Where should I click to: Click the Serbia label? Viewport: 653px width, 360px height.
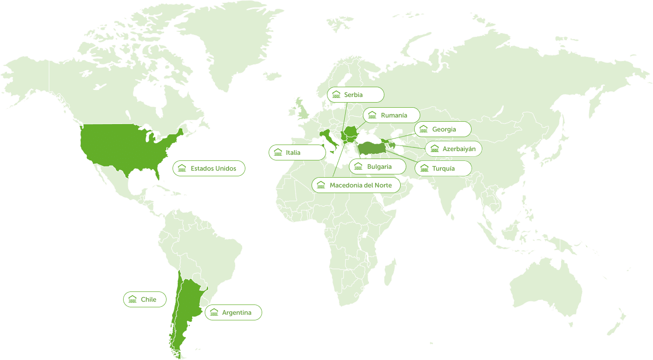[x=355, y=95]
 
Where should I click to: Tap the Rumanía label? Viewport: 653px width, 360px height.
[x=391, y=115]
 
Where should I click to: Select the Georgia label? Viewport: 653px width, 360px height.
[x=442, y=129]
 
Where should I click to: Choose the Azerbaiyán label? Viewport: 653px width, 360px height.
[x=453, y=149]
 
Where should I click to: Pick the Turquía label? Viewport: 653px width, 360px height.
[x=443, y=168]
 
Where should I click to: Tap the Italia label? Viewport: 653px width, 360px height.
[x=297, y=152]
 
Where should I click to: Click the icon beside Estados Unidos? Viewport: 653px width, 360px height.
[x=182, y=168]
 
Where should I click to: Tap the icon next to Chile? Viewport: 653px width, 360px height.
[x=132, y=299]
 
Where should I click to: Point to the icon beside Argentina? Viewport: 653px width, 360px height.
[x=214, y=312]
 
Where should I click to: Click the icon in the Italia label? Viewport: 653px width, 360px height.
[x=278, y=152]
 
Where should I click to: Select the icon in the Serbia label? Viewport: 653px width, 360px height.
[x=336, y=95]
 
